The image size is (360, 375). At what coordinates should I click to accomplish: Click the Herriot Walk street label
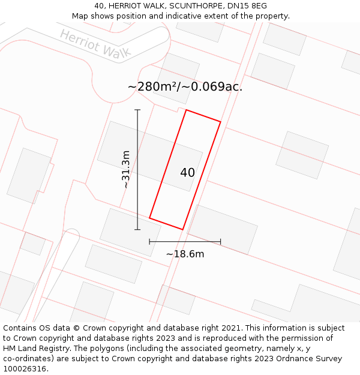pos(95,44)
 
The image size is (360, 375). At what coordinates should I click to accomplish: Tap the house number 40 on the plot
pos(187,173)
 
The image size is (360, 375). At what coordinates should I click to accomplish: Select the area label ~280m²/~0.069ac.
pos(185,86)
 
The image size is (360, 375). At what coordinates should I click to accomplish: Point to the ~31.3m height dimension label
pos(126,170)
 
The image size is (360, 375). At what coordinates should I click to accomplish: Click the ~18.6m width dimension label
pos(185,254)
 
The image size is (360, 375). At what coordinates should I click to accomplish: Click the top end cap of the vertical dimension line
pos(137,110)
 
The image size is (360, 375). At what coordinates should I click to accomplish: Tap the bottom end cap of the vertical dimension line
pos(137,229)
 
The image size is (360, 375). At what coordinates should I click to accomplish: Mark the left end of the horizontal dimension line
pos(149,242)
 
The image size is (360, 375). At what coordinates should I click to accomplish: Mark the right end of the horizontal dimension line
pos(220,242)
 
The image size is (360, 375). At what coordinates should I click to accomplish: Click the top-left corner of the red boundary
pos(186,110)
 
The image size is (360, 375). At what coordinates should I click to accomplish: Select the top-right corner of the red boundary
pos(220,122)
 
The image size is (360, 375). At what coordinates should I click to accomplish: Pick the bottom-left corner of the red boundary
pos(149,218)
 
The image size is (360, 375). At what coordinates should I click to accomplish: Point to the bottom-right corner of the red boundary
pos(182,229)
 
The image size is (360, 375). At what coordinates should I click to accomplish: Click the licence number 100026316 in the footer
pos(24,369)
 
